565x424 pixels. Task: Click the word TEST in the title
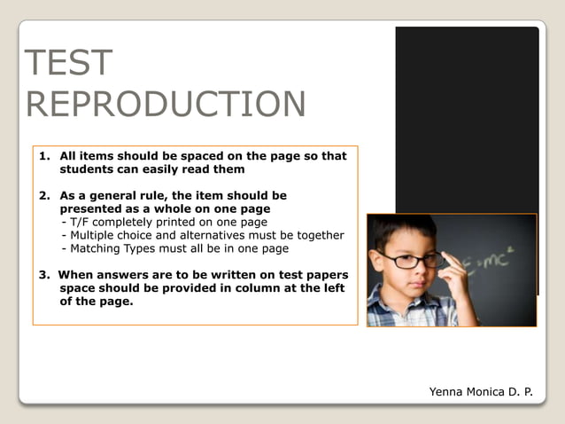coord(69,64)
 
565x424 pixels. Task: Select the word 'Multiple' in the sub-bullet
coord(95,235)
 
